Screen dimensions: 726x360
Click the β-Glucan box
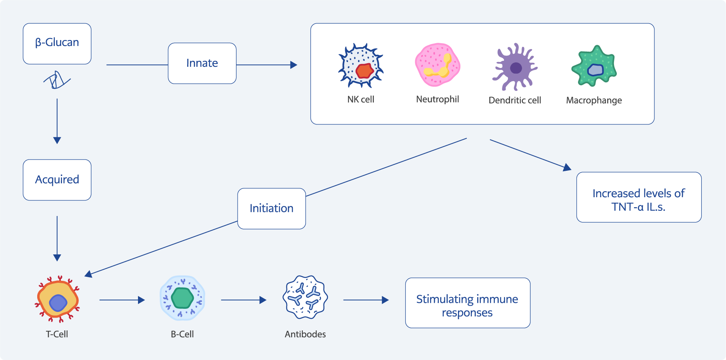point(57,44)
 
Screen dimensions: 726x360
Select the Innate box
point(202,63)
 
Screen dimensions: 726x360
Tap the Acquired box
point(57,180)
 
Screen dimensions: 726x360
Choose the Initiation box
point(272,208)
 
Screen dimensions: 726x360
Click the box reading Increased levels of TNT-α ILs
point(639,197)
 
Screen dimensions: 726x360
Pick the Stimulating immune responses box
point(468,303)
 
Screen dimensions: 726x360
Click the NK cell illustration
point(361,66)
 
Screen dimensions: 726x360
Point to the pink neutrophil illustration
point(438,65)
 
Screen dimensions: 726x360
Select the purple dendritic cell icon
point(515,67)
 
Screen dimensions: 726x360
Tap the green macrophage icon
point(594,66)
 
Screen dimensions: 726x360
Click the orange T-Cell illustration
point(58,299)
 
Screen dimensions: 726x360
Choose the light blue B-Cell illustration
point(182,298)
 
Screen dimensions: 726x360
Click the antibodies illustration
point(305,297)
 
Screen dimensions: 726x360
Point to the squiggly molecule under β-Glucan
point(57,80)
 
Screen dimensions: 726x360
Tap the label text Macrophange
point(594,100)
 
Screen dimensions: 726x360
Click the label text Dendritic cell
point(515,100)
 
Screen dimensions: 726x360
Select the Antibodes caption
point(305,334)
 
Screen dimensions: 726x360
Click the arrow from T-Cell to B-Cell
point(122,300)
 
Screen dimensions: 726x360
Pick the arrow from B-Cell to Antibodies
point(244,300)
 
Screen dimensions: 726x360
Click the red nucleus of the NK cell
point(364,71)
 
